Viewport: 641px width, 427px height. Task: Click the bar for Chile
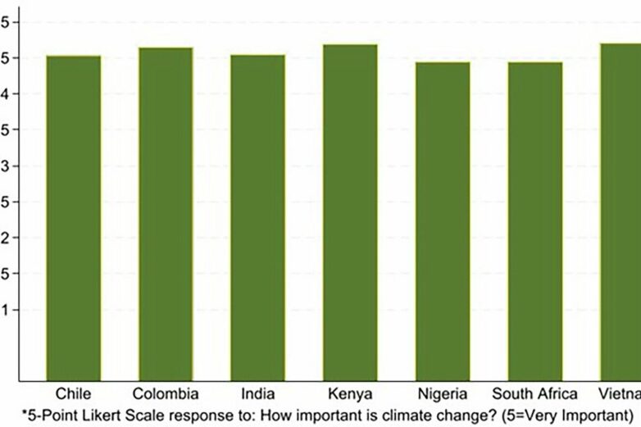click(73, 217)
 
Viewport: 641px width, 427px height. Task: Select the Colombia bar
click(166, 213)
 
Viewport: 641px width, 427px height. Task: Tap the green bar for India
click(257, 217)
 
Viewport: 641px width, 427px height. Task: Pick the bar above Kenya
click(350, 211)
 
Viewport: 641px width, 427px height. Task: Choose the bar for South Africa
click(534, 220)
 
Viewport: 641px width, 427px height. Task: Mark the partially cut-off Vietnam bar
click(621, 211)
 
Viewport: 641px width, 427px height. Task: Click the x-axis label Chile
click(73, 393)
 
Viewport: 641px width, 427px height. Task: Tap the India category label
click(257, 393)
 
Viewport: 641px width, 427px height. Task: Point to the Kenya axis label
click(350, 394)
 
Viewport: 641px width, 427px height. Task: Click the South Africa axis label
click(534, 393)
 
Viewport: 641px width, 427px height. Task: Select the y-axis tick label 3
click(6, 166)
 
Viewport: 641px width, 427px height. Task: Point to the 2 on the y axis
click(6, 238)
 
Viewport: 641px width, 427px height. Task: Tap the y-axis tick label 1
click(6, 311)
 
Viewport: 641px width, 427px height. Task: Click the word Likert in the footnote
click(95, 411)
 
